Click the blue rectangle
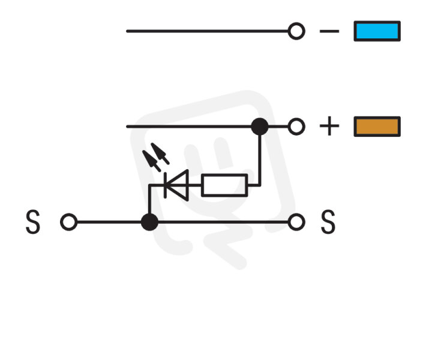pos(377,31)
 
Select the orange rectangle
pos(377,127)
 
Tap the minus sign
pos(329,31)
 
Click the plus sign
pos(329,126)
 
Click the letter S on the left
pos(33,222)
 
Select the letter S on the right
pos(328,222)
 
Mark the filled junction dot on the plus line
pos(260,127)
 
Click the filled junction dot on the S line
pos(149,222)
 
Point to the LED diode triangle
pos(177,185)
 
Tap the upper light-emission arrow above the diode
pos(160,154)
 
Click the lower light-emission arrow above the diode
pos(152,161)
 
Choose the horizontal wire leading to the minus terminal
pos(207,31)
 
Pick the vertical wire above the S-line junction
pos(149,199)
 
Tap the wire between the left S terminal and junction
pos(109,222)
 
